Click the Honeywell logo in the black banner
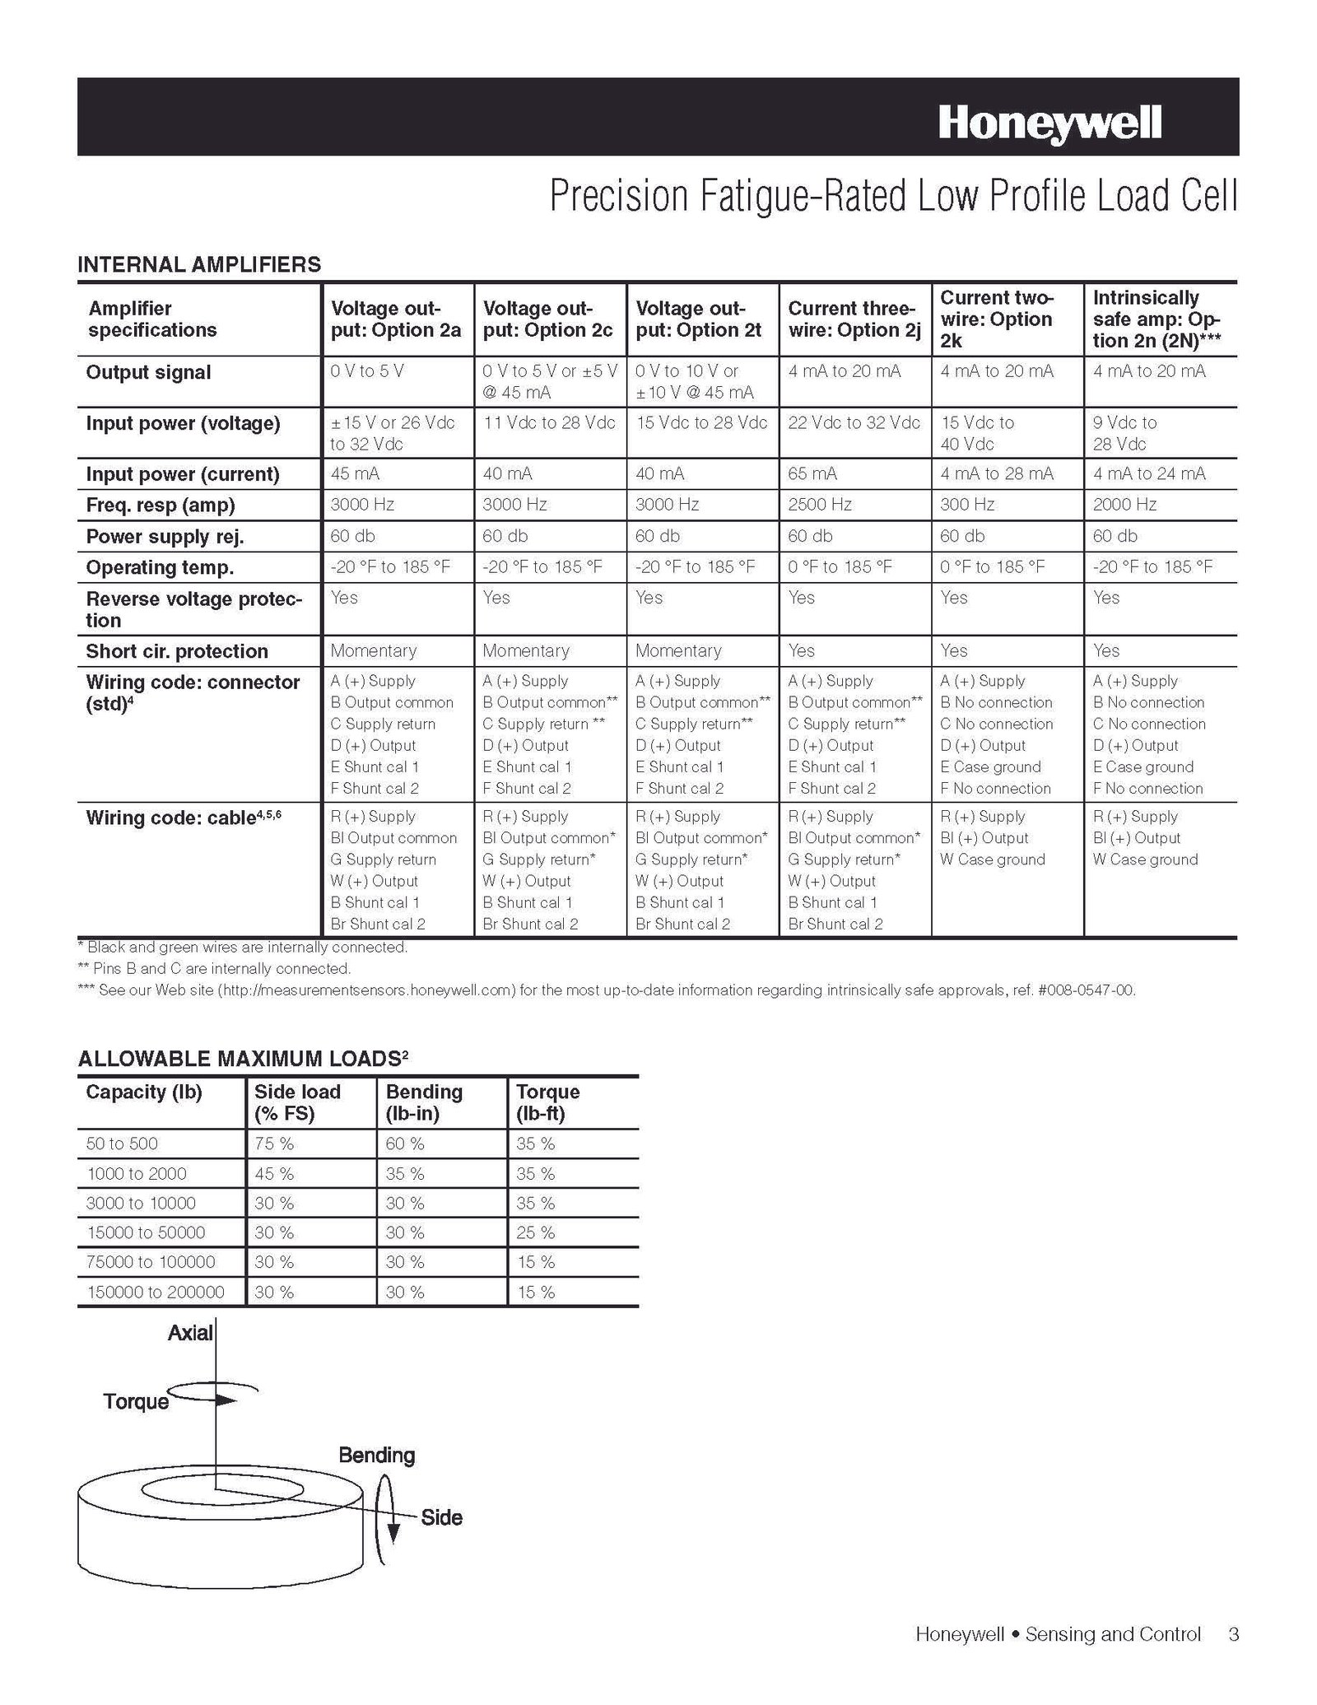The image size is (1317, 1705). coord(1049,123)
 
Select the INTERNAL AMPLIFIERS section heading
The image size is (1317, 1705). coord(199,264)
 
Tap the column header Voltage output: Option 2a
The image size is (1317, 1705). coord(395,319)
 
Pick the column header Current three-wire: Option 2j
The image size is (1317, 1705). coord(854,319)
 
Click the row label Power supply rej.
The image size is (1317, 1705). coord(165,537)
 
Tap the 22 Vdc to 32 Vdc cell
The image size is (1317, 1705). coord(854,423)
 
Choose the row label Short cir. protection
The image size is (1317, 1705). coord(177,651)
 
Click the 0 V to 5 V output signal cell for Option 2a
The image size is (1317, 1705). coord(367,371)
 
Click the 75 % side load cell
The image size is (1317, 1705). coord(274,1144)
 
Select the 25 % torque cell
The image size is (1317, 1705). coord(536,1232)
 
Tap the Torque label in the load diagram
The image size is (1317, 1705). coord(136,1401)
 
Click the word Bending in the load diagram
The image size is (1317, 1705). coord(376,1455)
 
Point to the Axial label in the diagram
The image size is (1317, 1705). coord(190,1333)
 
